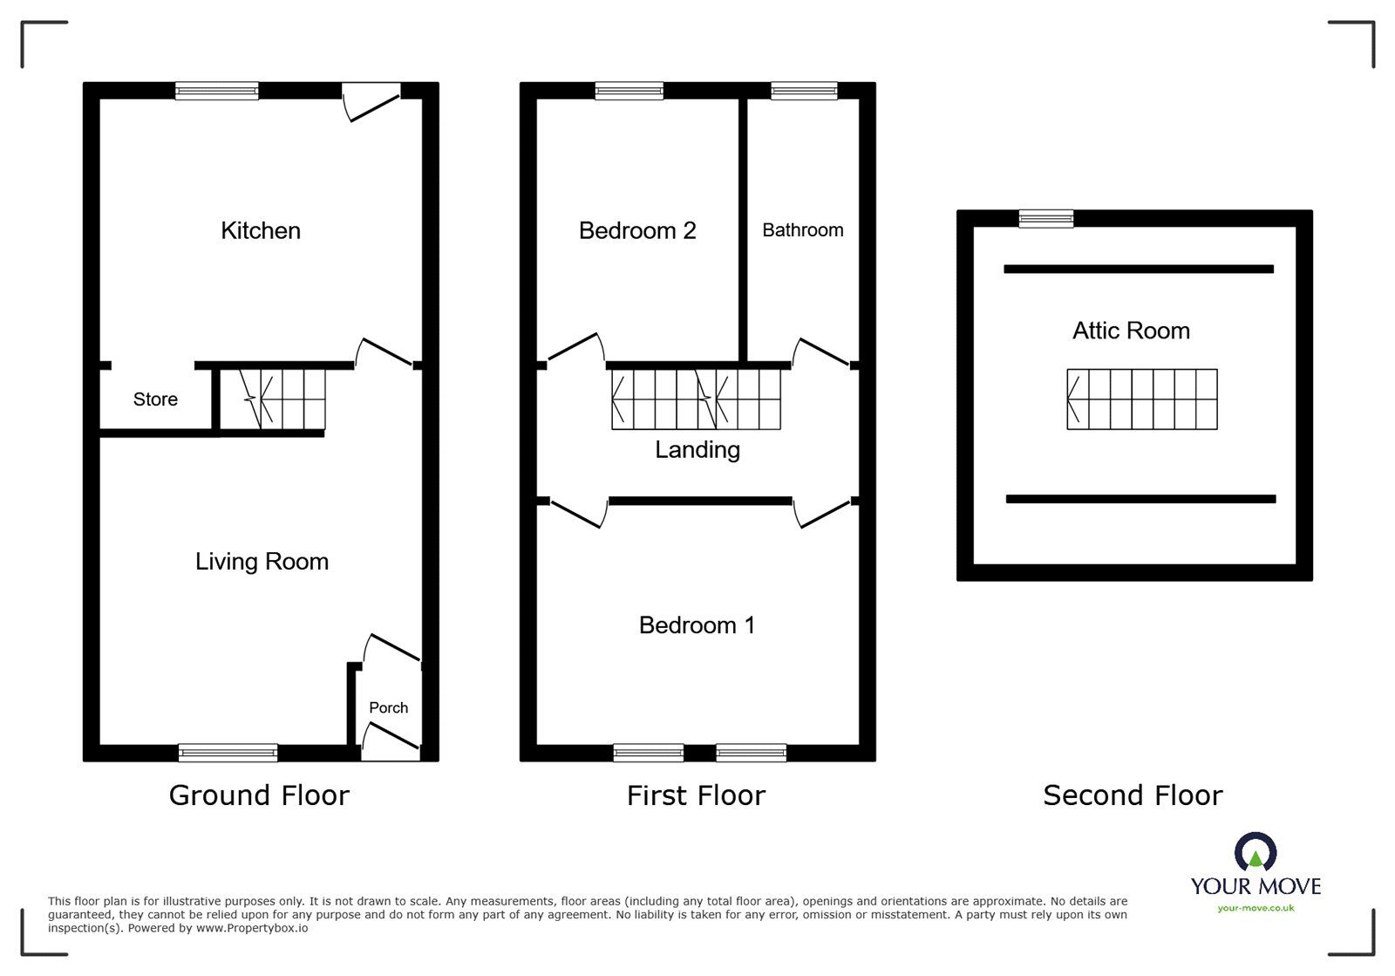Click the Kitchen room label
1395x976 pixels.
coord(260,230)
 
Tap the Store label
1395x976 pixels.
coord(155,399)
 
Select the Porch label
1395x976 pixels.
coord(388,707)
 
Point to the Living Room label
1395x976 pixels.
coord(262,561)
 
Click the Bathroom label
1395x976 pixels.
coord(802,230)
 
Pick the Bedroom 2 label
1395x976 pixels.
coord(636,230)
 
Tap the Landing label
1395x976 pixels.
coord(697,449)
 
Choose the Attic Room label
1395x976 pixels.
coord(1131,331)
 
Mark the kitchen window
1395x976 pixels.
coord(216,91)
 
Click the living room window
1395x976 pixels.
coord(228,753)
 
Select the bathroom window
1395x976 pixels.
coord(804,91)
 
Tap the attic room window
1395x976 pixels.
coord(1046,218)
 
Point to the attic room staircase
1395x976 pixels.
coord(1141,399)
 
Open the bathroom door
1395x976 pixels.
coord(820,351)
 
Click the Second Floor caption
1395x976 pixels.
coord(1133,795)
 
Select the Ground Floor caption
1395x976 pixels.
coord(259,795)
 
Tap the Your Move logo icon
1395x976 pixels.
coord(1255,852)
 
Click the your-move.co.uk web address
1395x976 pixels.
coord(1255,908)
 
